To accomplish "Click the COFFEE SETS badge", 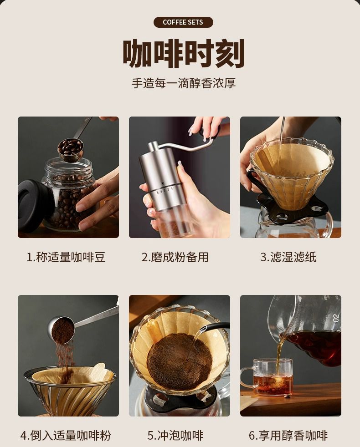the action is (183, 22).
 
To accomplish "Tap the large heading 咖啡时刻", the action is (183, 54).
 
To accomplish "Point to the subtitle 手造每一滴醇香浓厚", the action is (184, 83).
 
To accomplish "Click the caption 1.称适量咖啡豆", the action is (66, 257).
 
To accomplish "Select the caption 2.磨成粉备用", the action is (175, 257).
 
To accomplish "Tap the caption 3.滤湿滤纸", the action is (288, 257).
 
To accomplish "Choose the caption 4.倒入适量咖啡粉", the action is (66, 436).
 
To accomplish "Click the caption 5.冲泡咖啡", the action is (175, 436).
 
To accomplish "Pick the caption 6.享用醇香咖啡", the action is (288, 436).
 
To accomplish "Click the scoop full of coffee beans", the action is (70, 150).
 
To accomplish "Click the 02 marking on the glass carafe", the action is (335, 318).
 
